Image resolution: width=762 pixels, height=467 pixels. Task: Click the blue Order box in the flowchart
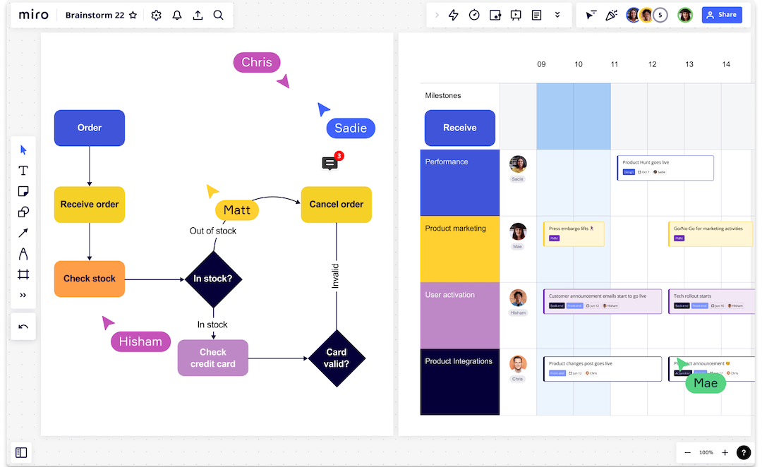(90, 128)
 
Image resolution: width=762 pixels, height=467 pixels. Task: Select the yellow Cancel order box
(336, 205)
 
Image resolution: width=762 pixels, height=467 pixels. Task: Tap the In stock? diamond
(213, 279)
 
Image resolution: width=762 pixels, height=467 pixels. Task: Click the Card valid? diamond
(336, 358)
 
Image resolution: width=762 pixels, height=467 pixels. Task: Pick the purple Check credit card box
(212, 358)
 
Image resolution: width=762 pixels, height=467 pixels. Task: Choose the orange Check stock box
(90, 279)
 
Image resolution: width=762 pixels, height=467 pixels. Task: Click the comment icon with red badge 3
(329, 164)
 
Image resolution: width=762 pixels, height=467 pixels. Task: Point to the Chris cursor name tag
(256, 62)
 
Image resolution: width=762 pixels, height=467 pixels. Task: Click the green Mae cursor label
(705, 383)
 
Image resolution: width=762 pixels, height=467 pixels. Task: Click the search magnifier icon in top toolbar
(219, 15)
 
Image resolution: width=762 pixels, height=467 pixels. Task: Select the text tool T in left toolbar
(23, 170)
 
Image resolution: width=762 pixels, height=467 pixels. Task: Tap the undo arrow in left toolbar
(23, 327)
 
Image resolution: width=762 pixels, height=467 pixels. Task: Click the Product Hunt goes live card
(665, 167)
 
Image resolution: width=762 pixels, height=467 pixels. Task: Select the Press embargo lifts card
(574, 233)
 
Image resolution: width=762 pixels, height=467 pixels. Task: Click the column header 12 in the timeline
(652, 64)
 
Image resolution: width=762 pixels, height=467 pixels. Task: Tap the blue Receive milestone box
(459, 128)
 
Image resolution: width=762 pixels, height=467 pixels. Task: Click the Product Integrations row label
(459, 361)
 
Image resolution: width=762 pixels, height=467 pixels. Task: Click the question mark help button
(744, 452)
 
